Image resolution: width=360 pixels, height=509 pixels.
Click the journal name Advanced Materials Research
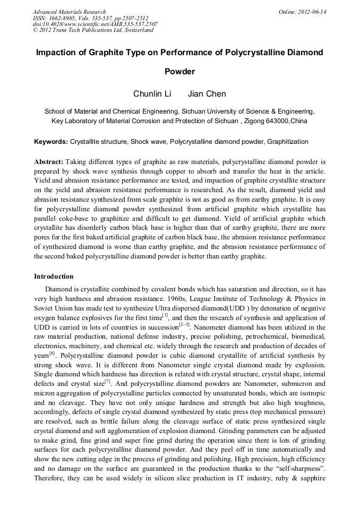69,12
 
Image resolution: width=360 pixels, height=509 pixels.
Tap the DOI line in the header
95,24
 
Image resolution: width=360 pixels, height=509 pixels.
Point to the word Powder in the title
180,71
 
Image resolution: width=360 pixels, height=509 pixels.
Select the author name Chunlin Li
152,94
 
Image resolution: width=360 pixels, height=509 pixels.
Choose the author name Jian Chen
207,94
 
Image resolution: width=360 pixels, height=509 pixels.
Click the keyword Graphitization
287,142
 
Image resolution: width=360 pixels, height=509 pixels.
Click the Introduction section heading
54,277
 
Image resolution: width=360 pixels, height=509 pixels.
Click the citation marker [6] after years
53,352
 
